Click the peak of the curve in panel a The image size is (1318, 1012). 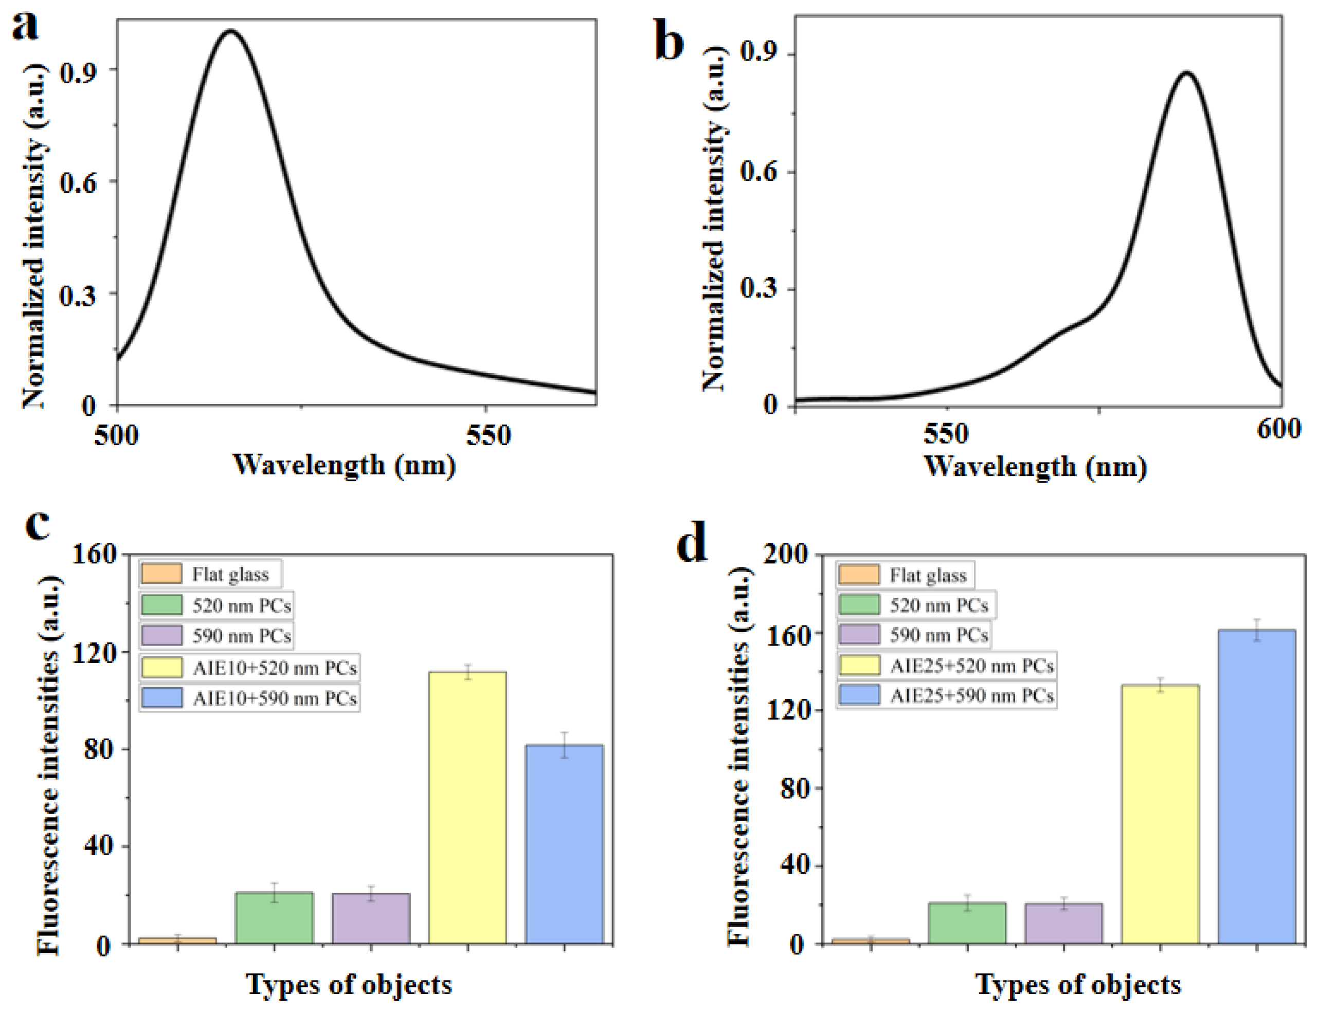click(230, 31)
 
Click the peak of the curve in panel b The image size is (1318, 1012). click(1186, 73)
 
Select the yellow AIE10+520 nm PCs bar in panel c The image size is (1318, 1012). click(467, 807)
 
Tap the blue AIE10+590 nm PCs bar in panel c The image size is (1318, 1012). click(564, 843)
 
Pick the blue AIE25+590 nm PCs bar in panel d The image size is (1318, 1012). click(1256, 786)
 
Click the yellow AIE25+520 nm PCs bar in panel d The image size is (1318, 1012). click(1160, 813)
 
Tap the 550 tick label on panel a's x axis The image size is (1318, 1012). click(488, 435)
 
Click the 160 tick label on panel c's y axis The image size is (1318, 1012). click(94, 554)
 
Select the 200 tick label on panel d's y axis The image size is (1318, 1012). click(785, 554)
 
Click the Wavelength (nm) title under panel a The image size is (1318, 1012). click(344, 465)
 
